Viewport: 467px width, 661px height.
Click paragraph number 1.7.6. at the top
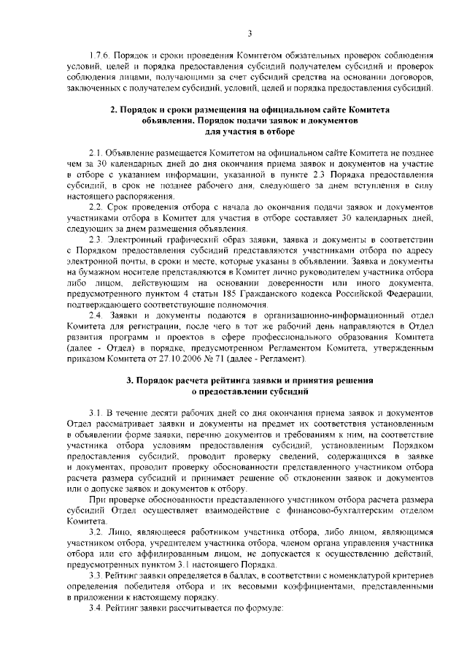coord(97,56)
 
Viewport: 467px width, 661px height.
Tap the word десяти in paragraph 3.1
coord(153,413)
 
